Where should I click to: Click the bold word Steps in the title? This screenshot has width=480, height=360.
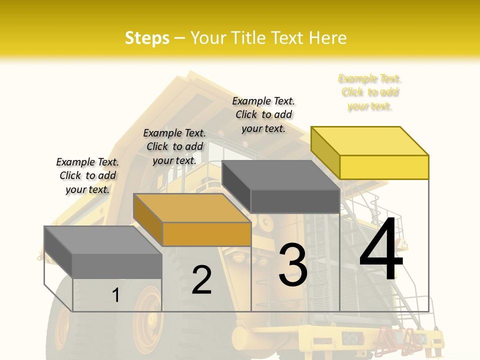click(147, 38)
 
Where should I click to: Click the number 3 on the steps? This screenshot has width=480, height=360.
click(293, 265)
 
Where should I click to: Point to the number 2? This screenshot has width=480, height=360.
click(201, 280)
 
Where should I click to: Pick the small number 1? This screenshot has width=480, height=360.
click(116, 295)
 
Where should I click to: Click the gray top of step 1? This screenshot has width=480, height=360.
click(103, 240)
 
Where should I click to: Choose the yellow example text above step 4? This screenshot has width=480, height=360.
click(370, 92)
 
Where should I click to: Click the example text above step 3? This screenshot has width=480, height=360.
click(263, 115)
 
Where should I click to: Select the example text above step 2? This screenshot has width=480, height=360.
click(174, 146)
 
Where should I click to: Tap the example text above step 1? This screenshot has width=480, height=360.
click(87, 175)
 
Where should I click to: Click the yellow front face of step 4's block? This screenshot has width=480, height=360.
click(384, 167)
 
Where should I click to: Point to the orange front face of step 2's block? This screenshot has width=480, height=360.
click(206, 234)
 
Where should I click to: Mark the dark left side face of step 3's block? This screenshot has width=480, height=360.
click(236, 186)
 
